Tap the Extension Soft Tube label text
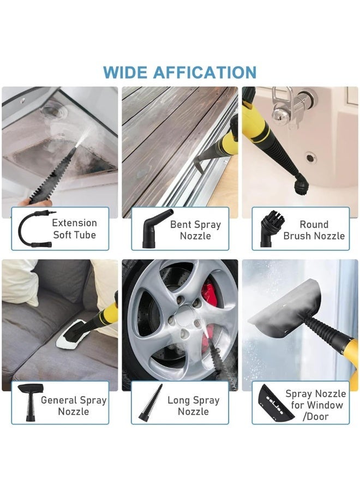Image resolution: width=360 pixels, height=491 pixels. click(74, 229)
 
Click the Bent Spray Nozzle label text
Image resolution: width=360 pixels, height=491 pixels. click(195, 230)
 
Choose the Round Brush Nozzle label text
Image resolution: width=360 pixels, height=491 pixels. click(314, 230)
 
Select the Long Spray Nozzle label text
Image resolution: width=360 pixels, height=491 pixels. click(193, 405)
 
